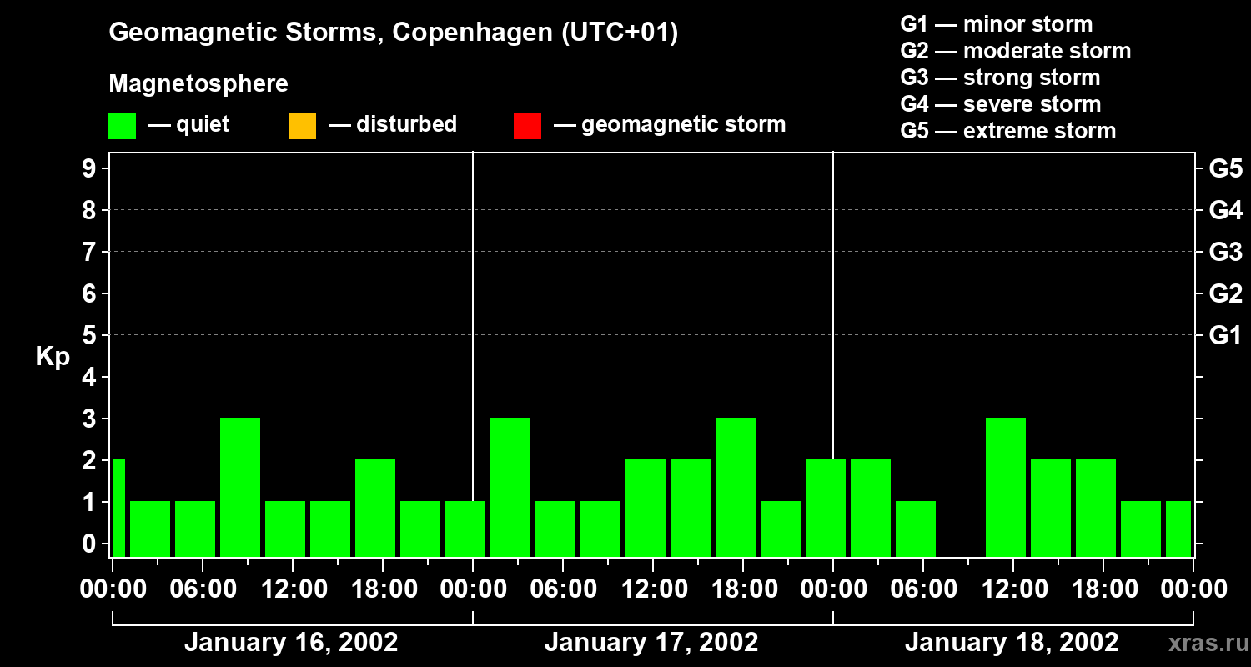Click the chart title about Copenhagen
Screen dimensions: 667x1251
[x=393, y=33]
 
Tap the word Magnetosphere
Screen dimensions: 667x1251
[x=198, y=84]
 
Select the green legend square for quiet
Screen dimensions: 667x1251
[x=122, y=126]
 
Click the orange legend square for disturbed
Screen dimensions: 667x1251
[x=302, y=126]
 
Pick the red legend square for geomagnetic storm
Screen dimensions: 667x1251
[x=527, y=126]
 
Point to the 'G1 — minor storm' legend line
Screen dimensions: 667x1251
[x=996, y=24]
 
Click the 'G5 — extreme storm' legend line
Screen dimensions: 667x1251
[x=1007, y=131]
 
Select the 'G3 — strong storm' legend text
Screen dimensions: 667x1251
[x=1000, y=78]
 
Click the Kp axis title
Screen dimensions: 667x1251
[x=53, y=357]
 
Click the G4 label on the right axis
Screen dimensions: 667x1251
[x=1225, y=211]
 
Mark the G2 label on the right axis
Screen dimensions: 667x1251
[x=1225, y=294]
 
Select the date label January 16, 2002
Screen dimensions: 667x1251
[x=291, y=643]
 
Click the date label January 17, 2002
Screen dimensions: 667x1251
[x=651, y=643]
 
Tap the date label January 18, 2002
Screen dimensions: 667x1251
[x=1012, y=643]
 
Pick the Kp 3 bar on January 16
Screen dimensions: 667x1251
[x=240, y=487]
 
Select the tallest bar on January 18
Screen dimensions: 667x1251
[x=1006, y=487]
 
